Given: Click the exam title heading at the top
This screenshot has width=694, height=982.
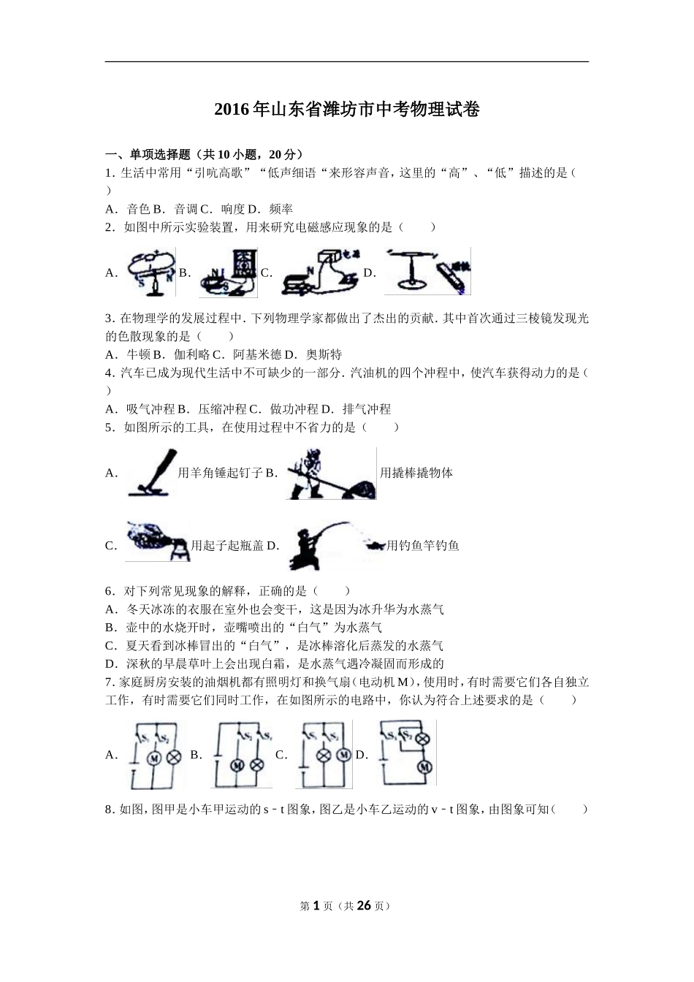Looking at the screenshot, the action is [x=347, y=110].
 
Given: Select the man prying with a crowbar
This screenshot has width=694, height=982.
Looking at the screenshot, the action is [x=331, y=473].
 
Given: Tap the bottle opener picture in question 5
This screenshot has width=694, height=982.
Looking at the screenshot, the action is [x=158, y=541].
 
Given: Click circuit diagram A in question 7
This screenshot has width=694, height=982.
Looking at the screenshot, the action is [x=155, y=755].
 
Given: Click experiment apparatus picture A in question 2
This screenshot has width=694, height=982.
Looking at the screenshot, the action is [x=152, y=273].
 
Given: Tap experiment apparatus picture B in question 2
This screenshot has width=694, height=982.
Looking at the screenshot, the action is [x=228, y=273].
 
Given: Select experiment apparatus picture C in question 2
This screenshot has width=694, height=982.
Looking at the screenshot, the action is [x=321, y=273].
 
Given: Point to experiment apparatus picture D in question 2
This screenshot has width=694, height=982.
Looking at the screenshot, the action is [x=427, y=271].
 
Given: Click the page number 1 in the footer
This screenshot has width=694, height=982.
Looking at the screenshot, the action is [x=316, y=905].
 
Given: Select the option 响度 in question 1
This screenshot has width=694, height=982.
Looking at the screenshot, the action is [x=233, y=209].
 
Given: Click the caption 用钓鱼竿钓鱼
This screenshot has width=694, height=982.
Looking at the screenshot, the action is [x=423, y=545].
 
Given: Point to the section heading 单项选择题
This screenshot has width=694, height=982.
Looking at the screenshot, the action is [x=160, y=154].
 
